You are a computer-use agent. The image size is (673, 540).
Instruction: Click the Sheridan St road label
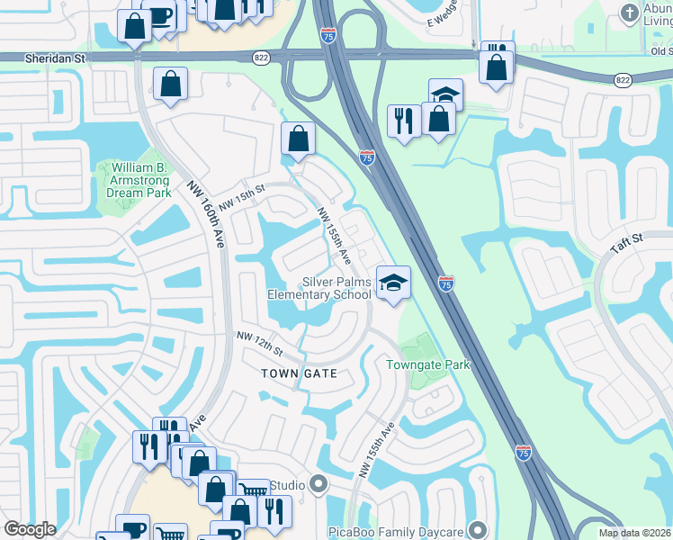pyautogui.click(x=30, y=57)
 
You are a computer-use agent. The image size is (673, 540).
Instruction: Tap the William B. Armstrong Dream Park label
pyautogui.click(x=138, y=180)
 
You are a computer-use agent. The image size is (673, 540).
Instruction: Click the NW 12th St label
pyautogui.click(x=260, y=343)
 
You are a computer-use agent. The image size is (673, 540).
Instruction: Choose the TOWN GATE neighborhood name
pyautogui.click(x=299, y=373)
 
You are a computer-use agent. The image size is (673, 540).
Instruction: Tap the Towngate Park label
pyautogui.click(x=428, y=364)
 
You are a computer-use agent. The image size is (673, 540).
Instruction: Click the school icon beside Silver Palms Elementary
pyautogui.click(x=393, y=283)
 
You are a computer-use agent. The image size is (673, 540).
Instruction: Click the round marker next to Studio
pyautogui.click(x=318, y=485)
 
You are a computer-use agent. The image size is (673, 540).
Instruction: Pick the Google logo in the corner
pyautogui.click(x=29, y=529)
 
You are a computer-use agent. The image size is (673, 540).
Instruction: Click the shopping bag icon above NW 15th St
pyautogui.click(x=298, y=139)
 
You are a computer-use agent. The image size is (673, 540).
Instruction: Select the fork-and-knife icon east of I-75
pyautogui.click(x=401, y=120)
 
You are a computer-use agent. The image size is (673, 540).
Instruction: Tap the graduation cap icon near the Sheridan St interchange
pyautogui.click(x=445, y=94)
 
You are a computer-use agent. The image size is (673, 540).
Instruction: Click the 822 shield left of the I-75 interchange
pyautogui.click(x=261, y=56)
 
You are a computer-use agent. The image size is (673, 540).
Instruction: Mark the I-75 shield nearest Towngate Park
pyautogui.click(x=446, y=283)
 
